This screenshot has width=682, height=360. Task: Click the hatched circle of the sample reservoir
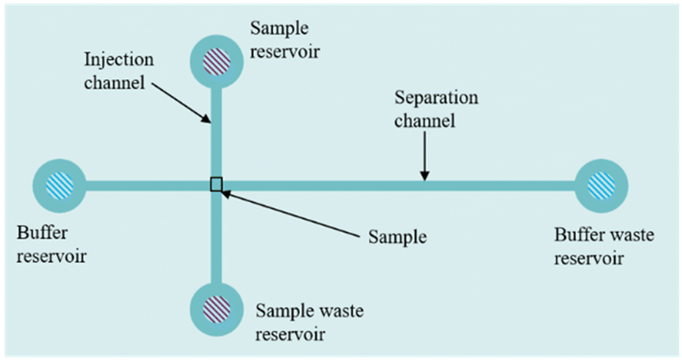(216, 59)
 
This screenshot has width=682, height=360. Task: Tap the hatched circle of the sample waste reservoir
(216, 306)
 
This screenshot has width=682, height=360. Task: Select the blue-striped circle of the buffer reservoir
(60, 185)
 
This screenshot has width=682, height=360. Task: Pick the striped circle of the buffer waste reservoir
(600, 185)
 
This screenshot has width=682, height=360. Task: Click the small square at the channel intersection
(216, 185)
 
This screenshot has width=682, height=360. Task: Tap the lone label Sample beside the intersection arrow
(397, 236)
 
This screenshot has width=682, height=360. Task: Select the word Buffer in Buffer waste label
(566, 236)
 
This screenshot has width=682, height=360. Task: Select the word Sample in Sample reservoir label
(275, 29)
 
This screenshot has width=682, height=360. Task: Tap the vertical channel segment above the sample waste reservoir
(216, 242)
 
